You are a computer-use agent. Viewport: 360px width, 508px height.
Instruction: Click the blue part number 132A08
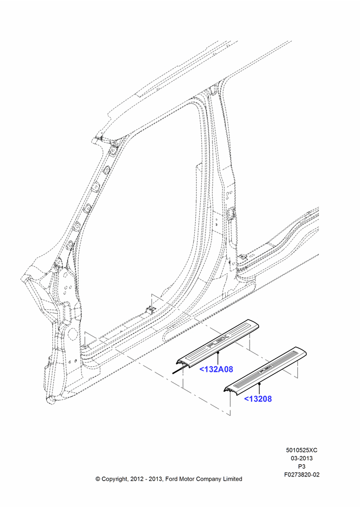point(216,369)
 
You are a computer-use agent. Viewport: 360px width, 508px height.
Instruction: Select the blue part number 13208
point(258,399)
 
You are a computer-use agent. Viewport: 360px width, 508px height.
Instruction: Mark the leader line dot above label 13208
point(259,383)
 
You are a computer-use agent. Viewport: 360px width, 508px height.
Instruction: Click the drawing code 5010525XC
point(302,450)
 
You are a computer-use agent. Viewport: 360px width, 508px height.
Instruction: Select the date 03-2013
point(302,458)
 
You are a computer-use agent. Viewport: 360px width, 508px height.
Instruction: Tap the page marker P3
point(302,466)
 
